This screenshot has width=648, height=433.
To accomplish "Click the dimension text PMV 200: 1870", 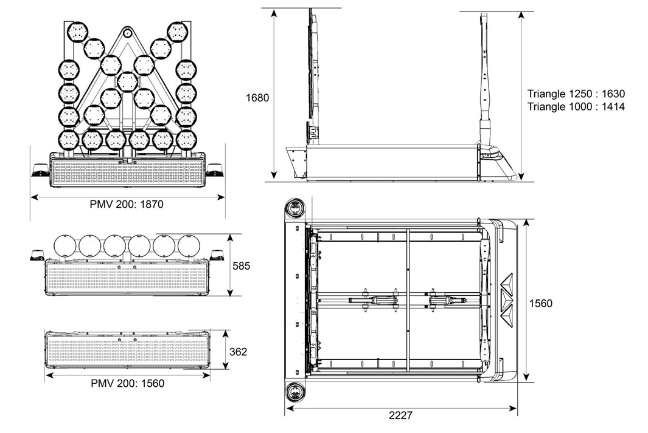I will coord(127,205).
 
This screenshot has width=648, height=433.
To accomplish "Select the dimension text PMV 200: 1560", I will coord(127,383).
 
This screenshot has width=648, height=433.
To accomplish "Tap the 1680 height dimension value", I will coord(258,97).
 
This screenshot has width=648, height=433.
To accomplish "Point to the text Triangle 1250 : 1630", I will coord(576,94).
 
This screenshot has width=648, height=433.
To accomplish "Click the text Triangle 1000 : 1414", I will coord(576,106).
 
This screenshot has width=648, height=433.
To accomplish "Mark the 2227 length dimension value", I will coord(400,415).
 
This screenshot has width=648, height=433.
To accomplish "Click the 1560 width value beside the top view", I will coord(540,303).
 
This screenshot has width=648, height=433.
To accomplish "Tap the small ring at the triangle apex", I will coord(127,34).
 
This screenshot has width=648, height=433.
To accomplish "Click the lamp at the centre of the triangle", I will coord(127,81).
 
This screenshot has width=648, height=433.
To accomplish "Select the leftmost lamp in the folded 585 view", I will coord(65,245).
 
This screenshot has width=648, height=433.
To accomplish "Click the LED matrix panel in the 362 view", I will coord(127,352).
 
